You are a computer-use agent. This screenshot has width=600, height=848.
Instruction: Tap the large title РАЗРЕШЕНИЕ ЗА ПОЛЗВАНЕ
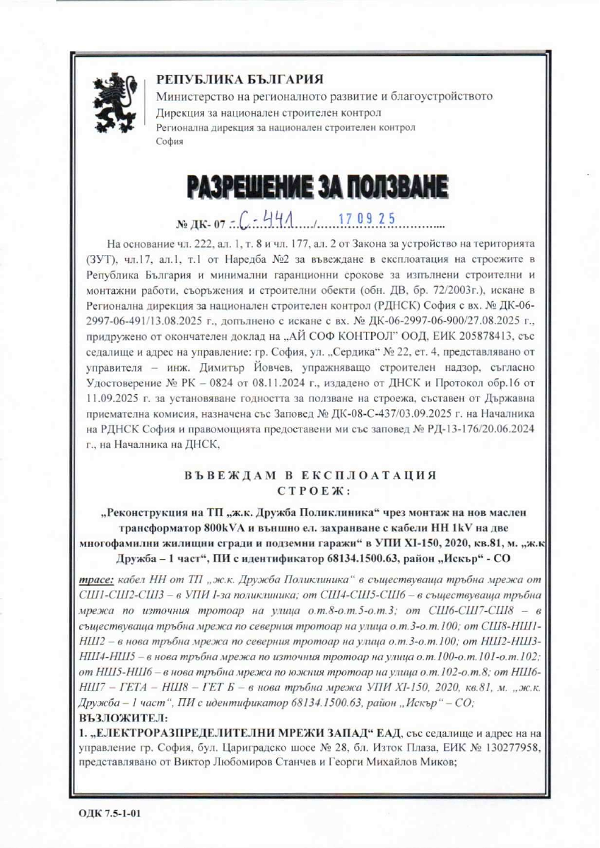(317, 186)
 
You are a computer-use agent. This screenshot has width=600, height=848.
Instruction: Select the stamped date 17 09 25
(365, 220)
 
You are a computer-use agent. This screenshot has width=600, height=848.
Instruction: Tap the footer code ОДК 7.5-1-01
(110, 813)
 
